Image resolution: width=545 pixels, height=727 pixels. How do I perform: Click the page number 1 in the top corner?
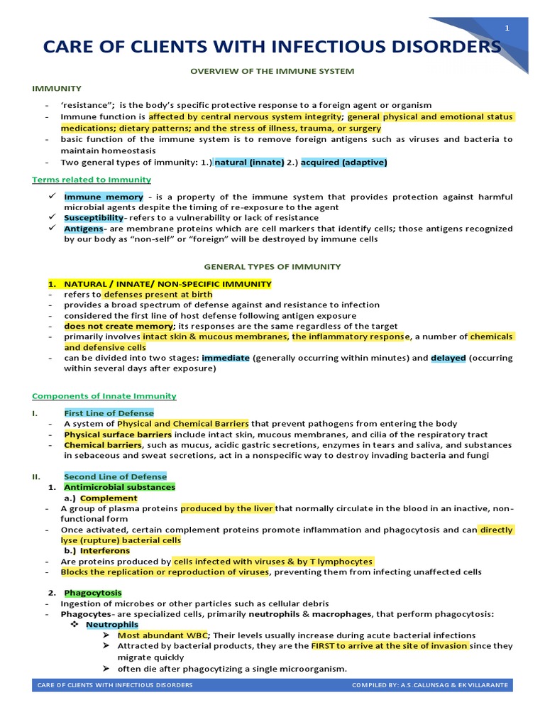507,28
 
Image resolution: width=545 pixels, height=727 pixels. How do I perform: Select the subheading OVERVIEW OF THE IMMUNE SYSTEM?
272,71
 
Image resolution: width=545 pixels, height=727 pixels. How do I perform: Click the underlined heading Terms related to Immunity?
92,180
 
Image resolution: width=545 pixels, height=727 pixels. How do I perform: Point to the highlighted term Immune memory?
104,197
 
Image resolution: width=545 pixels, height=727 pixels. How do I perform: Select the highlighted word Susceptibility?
94,218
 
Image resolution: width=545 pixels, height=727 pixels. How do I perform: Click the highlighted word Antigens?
84,229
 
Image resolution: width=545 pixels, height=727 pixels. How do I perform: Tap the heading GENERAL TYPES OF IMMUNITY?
272,267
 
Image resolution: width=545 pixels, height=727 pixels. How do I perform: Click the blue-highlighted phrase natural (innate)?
249,163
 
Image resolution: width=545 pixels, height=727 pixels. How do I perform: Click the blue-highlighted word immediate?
226,359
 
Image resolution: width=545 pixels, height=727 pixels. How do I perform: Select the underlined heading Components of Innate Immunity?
104,395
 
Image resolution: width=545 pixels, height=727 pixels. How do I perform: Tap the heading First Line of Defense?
109,412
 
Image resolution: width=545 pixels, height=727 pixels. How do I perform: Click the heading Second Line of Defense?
116,476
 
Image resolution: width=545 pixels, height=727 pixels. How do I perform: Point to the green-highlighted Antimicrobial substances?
119,488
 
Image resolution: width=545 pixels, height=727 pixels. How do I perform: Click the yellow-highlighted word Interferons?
105,550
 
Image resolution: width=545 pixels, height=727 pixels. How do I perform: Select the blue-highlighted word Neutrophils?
112,624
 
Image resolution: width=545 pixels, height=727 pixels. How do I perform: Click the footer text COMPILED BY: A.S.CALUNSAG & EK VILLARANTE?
430,685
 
